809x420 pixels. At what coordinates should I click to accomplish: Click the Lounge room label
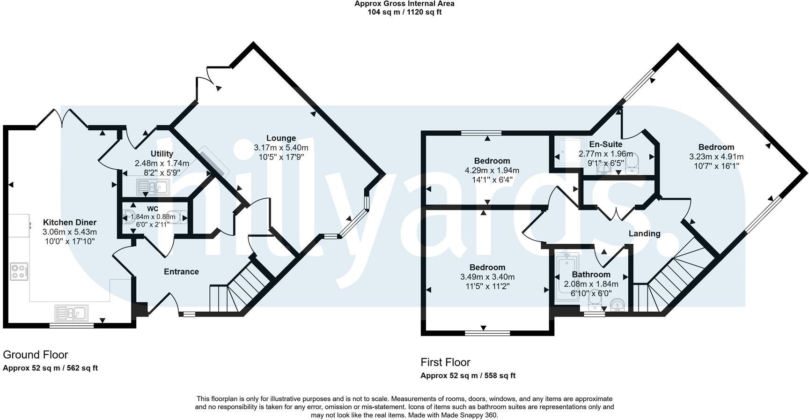tap(281, 138)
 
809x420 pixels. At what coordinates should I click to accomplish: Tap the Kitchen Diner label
tap(70, 223)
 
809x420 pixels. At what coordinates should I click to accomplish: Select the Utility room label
tap(162, 154)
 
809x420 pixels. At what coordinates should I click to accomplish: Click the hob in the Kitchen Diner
tap(19, 272)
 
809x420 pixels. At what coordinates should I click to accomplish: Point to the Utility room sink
tap(153, 187)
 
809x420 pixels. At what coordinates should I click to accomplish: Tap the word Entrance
tap(181, 272)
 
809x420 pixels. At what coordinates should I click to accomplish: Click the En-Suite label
tap(605, 144)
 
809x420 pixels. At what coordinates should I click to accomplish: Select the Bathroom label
tap(591, 275)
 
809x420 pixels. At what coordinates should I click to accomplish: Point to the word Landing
tap(644, 233)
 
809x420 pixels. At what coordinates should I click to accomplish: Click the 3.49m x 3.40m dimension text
tap(487, 277)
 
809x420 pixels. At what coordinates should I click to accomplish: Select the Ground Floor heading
tap(36, 355)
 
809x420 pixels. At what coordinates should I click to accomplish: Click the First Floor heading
tap(445, 362)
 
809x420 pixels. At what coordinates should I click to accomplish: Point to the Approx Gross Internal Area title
tap(404, 4)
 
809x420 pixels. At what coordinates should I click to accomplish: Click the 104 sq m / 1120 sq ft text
tap(404, 12)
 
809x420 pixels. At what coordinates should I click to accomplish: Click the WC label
tap(153, 209)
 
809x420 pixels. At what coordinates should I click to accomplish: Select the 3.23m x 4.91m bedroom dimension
tap(716, 157)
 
